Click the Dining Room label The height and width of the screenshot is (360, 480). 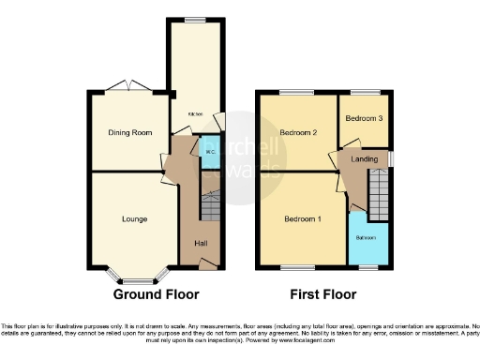[130, 132]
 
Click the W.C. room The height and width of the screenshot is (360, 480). [209, 153]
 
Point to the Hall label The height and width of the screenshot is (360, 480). [201, 244]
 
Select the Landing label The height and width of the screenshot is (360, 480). [365, 159]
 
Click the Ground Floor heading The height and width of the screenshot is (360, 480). [157, 293]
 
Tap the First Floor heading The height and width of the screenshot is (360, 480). [323, 293]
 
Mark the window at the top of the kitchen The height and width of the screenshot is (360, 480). [194, 20]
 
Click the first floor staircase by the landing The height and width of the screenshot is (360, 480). [376, 198]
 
